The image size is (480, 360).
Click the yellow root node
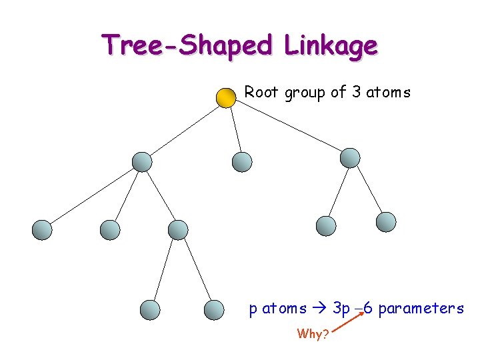(227, 97)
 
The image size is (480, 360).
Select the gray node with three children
(142, 161)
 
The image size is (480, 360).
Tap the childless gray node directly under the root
(241, 161)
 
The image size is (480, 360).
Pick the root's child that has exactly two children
(350, 158)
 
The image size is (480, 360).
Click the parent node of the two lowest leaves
(178, 230)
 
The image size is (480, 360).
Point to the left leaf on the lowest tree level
(151, 309)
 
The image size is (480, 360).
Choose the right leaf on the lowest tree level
(213, 309)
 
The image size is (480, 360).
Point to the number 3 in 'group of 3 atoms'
(355, 92)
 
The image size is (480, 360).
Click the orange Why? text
(313, 334)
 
